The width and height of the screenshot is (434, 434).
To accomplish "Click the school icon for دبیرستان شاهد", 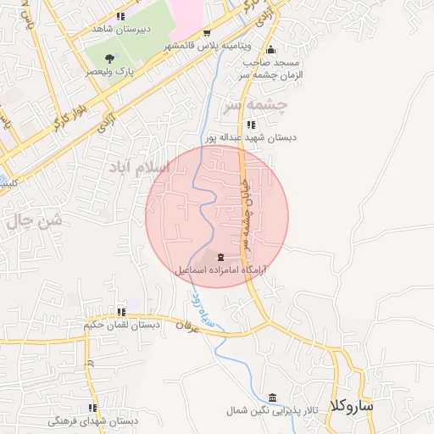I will coord(120,16).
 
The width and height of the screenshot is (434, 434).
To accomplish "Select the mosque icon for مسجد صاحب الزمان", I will coord(271,48).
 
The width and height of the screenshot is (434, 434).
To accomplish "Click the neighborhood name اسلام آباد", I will coord(138,167).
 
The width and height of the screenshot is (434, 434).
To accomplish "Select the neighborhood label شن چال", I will coord(35,222).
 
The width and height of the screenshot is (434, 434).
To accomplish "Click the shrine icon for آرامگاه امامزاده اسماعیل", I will coord(221,256).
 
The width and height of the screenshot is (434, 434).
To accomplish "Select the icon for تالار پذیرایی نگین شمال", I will coord(272,398).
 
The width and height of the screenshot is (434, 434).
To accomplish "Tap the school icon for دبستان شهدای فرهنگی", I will coord(93,409).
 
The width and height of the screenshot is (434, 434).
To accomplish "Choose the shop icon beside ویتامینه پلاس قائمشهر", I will coord(207,33).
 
